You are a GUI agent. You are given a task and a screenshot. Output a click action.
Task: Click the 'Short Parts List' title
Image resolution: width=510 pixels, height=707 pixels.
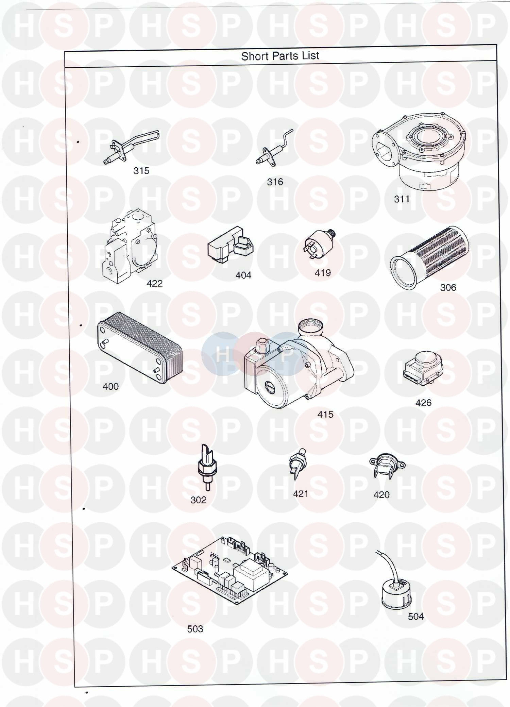point(280,56)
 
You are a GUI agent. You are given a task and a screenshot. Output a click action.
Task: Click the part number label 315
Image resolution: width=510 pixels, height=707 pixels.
point(141,170)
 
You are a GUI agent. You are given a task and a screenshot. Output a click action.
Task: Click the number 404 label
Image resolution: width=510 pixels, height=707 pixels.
point(243,275)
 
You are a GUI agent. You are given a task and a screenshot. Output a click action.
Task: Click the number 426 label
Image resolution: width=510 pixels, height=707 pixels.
point(423,403)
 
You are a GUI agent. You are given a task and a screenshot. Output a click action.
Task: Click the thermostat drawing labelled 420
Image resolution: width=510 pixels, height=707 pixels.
point(387,466)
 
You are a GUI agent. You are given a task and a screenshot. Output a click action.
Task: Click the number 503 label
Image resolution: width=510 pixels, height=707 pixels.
point(195,629)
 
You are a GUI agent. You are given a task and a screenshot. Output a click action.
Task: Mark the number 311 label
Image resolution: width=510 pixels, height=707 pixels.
point(402,199)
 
